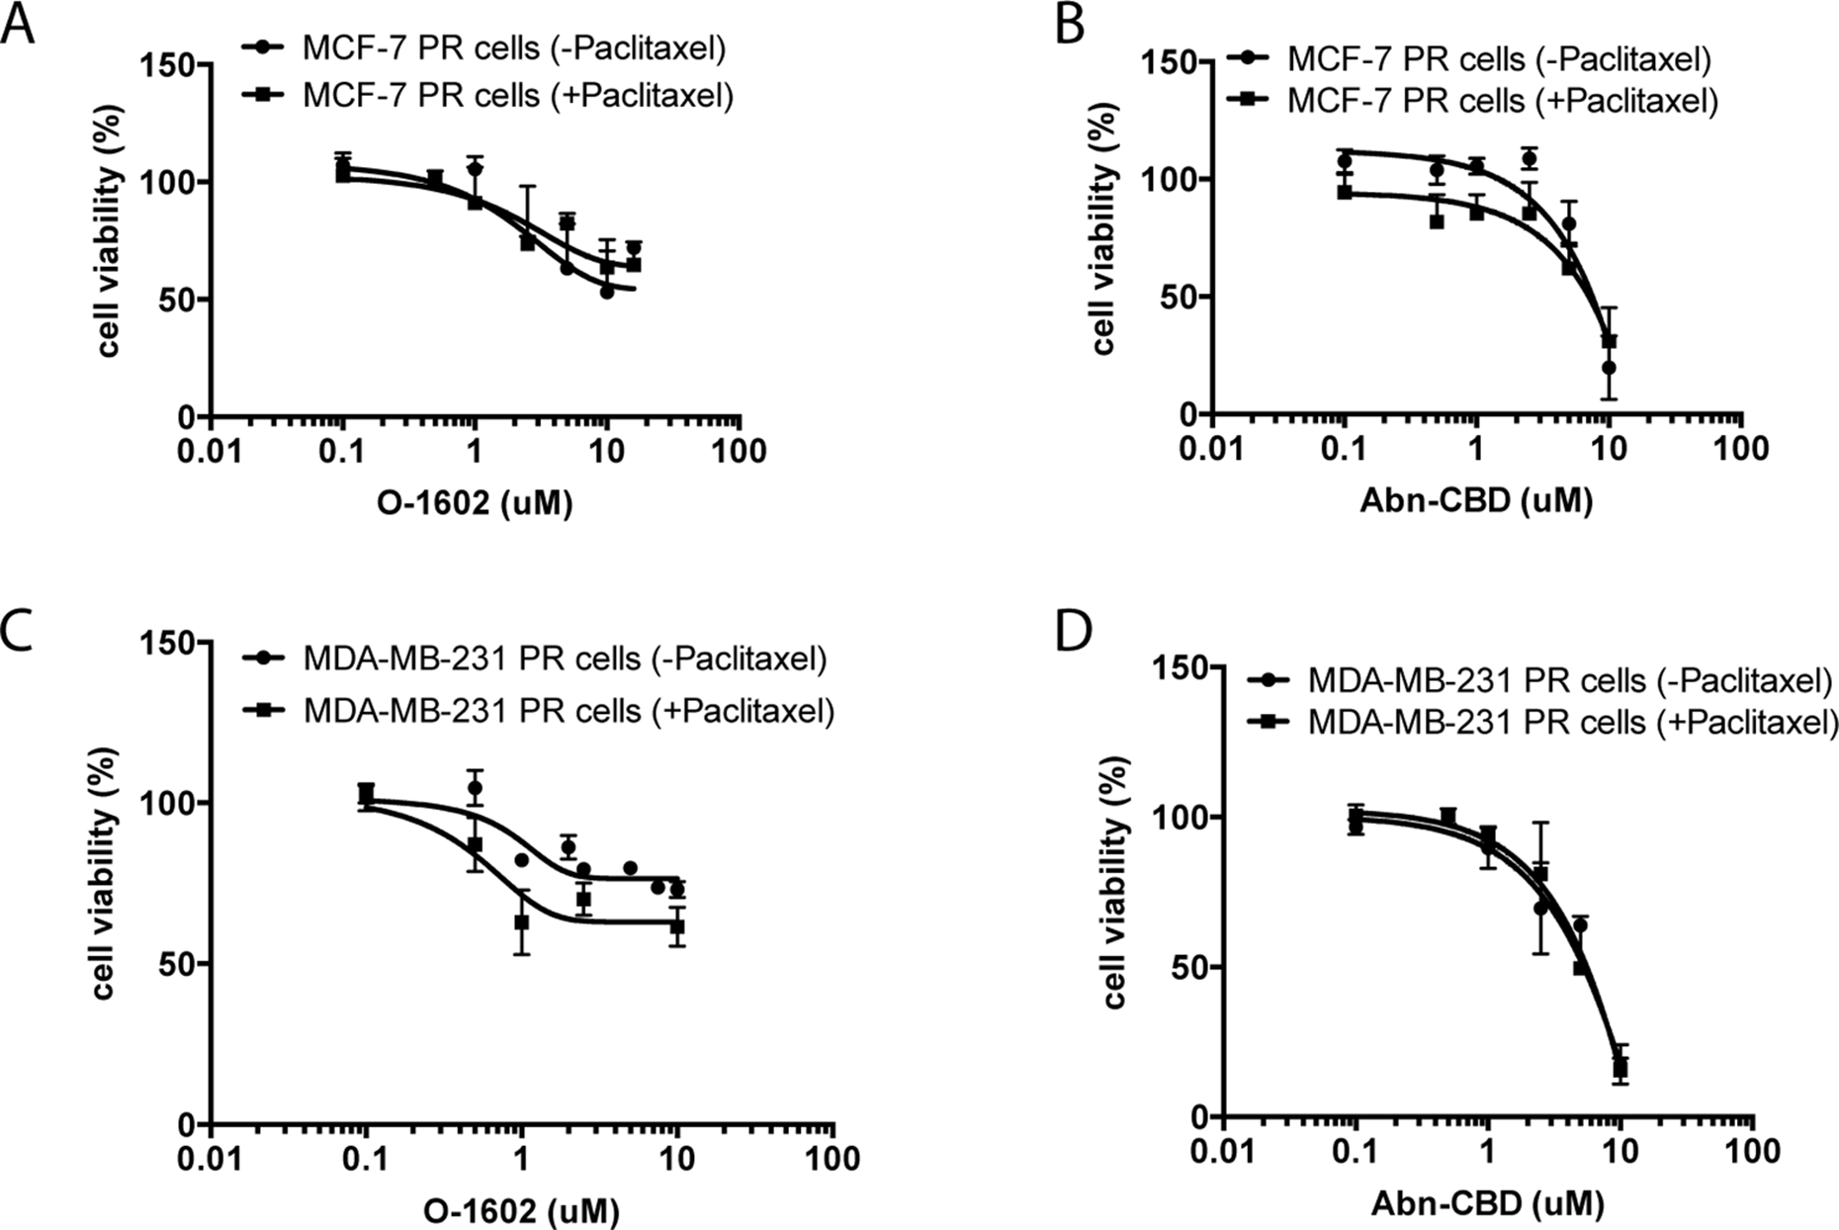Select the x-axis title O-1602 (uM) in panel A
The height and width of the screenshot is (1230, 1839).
pyautogui.click(x=476, y=503)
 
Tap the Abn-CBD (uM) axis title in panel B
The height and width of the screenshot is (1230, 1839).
pyautogui.click(x=1476, y=501)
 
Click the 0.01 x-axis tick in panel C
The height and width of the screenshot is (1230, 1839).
pyautogui.click(x=211, y=1157)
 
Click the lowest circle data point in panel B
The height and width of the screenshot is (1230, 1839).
pyautogui.click(x=1609, y=368)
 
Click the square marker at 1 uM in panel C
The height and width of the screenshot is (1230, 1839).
pyautogui.click(x=521, y=922)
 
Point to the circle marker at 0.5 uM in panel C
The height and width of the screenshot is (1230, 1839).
pyautogui.click(x=475, y=788)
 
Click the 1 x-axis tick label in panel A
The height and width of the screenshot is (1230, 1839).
pyautogui.click(x=475, y=451)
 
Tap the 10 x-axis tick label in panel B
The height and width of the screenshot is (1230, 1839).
pyautogui.click(x=1609, y=448)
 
